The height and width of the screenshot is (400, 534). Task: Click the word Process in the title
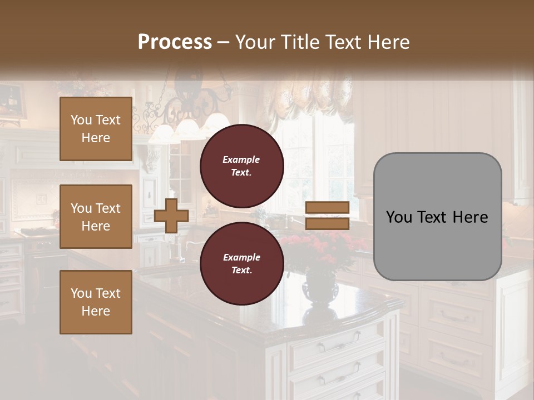[175, 42]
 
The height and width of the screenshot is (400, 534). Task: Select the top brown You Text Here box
[96, 129]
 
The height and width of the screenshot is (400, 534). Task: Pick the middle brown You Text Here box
[96, 217]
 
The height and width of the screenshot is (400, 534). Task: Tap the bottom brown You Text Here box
[96, 302]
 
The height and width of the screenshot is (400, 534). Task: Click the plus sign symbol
[171, 216]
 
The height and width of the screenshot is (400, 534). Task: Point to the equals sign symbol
[328, 216]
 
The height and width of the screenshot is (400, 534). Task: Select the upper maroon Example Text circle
[241, 166]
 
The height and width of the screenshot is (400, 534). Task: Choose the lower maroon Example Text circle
[241, 264]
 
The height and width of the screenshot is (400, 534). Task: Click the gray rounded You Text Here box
[437, 217]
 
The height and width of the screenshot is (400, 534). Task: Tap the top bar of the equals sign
[328, 208]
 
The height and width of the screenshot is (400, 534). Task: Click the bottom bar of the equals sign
[328, 224]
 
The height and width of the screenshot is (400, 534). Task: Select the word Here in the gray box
[469, 217]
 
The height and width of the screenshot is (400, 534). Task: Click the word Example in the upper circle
[241, 159]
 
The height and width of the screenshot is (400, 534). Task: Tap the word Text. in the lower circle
[241, 271]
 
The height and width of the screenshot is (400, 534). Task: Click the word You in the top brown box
[81, 120]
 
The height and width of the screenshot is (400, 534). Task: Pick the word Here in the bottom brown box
[96, 311]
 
